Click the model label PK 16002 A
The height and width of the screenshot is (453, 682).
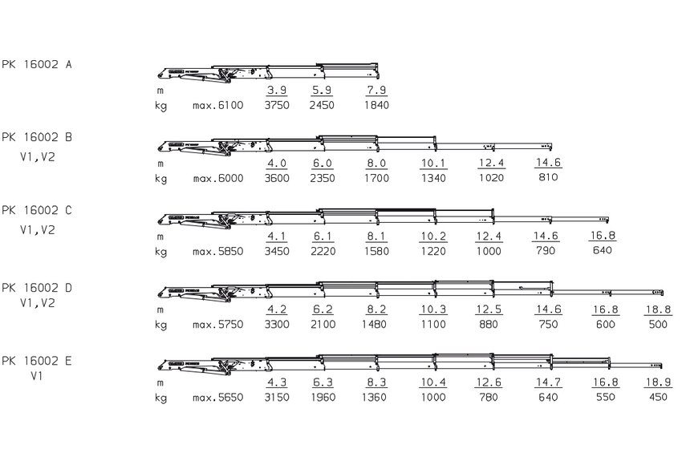coord(37,64)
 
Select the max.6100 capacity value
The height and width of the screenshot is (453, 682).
coord(218,105)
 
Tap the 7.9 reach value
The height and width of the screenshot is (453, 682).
coord(376,90)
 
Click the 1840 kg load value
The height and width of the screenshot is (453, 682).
coord(376,105)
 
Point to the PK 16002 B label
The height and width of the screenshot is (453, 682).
coord(37,137)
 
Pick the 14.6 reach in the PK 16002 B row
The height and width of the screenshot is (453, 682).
coord(548,163)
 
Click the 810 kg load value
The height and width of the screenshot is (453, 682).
coord(548,177)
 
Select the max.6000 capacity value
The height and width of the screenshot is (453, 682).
coord(218,178)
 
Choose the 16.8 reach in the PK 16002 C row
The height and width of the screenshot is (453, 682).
coord(603,236)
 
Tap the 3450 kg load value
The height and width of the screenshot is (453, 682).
coord(277,251)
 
